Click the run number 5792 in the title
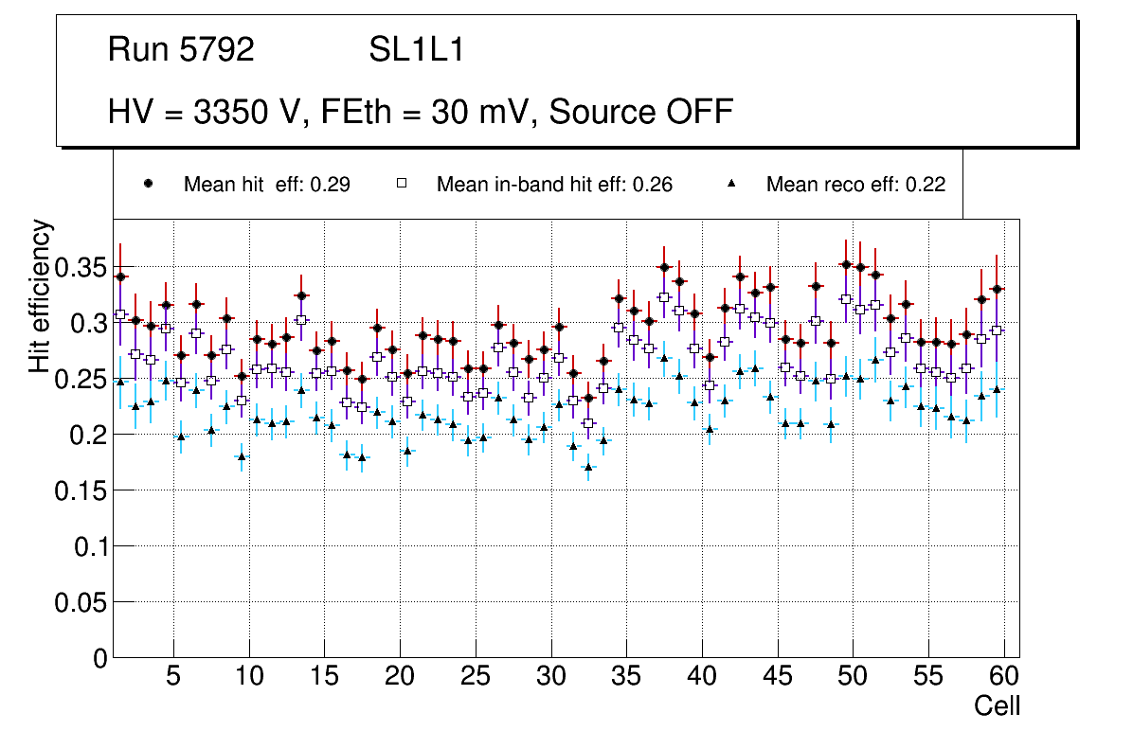(216, 50)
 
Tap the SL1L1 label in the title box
(416, 50)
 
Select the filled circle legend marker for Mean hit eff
(148, 184)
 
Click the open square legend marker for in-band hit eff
(402, 184)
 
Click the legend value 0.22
(926, 185)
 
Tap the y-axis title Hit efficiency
(41, 295)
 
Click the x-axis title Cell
(997, 705)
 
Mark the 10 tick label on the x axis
(248, 677)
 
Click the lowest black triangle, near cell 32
(588, 467)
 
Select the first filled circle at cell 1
(119, 276)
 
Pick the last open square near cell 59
(997, 330)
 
